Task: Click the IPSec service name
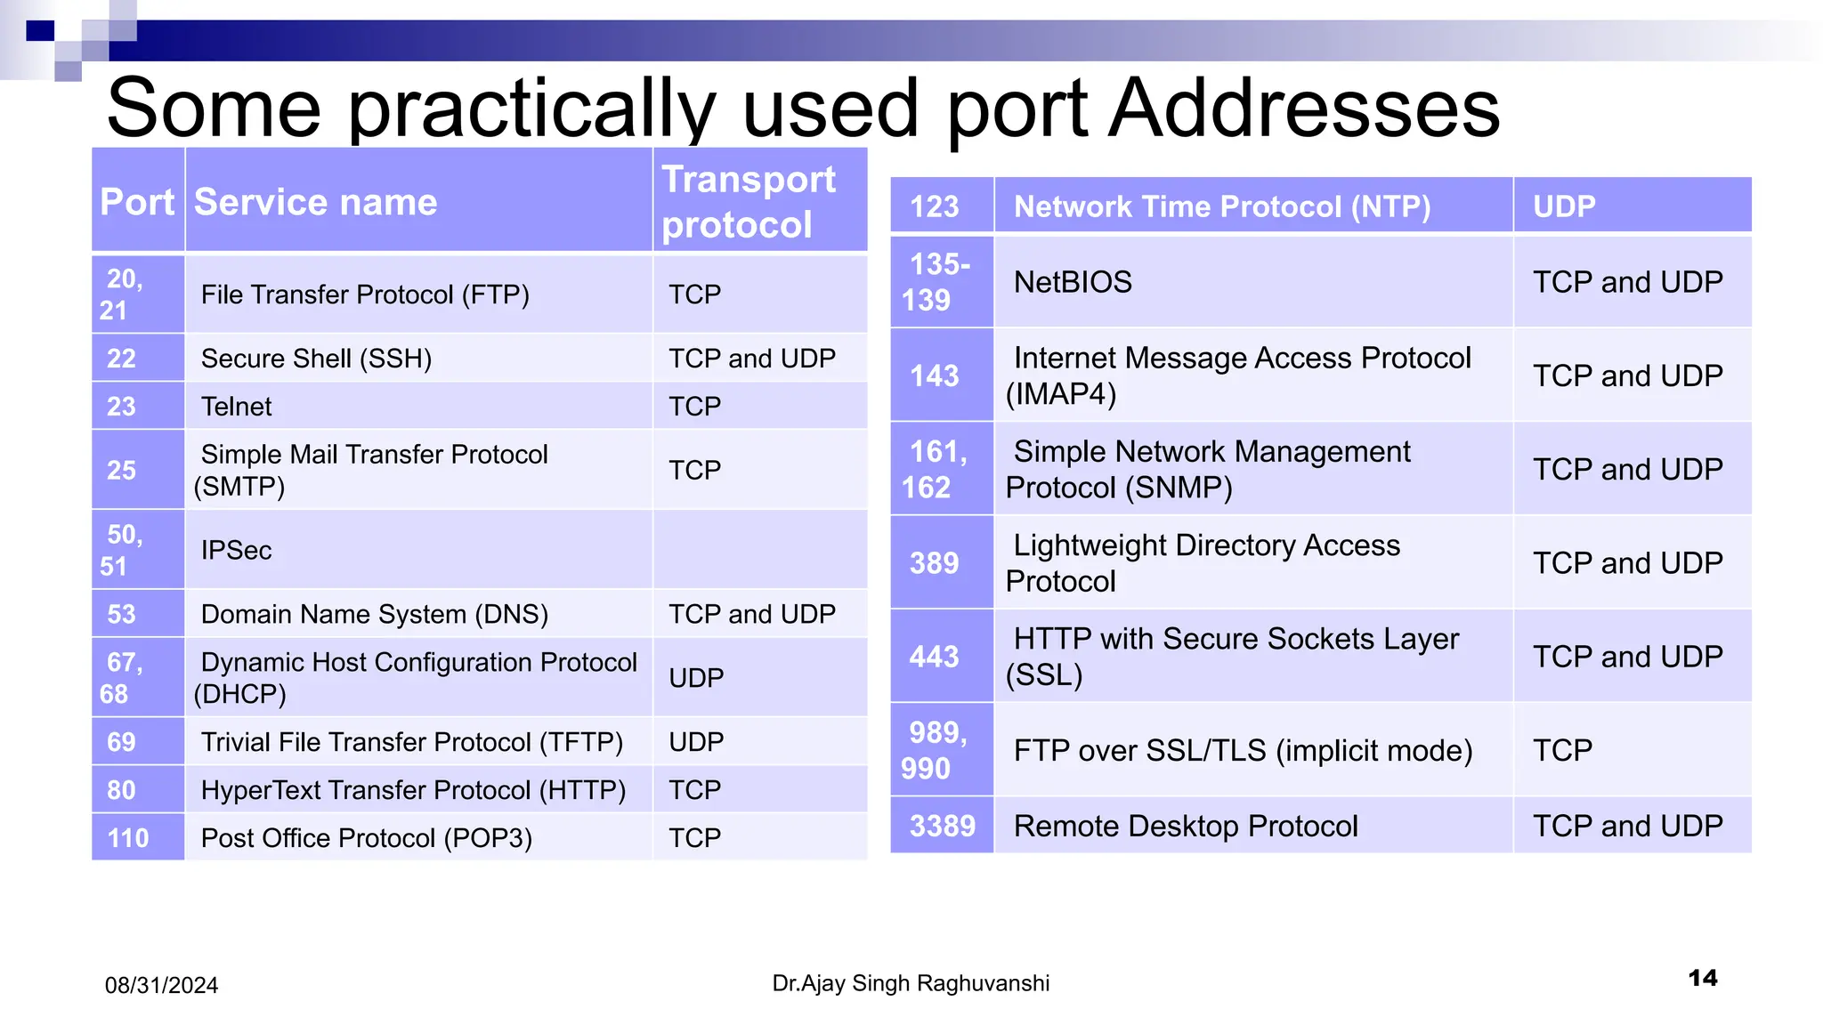237,550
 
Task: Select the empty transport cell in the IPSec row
759,550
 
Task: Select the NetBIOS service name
1073,282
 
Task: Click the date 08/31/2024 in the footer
161,985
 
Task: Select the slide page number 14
1703,978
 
